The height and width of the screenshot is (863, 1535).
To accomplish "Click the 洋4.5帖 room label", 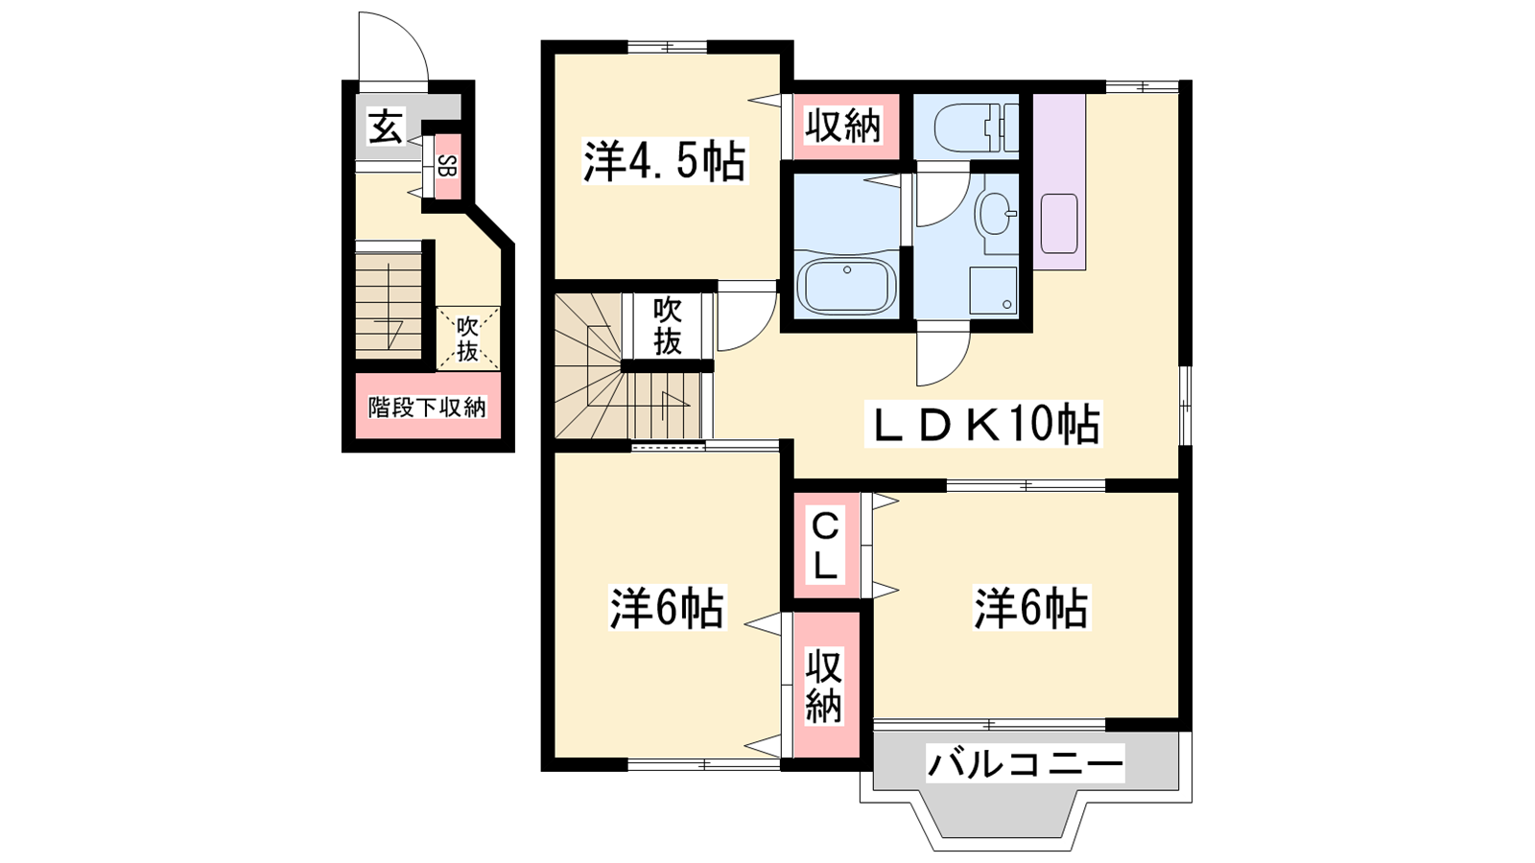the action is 664,162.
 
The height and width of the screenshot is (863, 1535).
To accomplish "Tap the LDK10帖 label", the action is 983,424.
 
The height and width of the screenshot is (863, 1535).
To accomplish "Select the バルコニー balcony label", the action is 1026,763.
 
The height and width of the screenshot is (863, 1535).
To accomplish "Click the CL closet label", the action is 825,548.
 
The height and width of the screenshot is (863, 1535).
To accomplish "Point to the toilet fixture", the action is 977,128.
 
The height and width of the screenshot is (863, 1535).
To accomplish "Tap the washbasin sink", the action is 995,213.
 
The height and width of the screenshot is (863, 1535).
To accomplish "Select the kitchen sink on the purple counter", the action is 1059,223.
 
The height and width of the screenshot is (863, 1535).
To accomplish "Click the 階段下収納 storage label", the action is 426,408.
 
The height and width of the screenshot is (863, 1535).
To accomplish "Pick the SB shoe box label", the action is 447,167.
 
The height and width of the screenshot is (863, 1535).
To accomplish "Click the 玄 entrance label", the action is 386,128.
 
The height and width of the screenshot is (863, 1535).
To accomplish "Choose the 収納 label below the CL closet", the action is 823,686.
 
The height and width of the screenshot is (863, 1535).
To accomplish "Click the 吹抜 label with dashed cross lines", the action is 468,339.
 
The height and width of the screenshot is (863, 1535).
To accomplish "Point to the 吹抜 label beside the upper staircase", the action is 668,327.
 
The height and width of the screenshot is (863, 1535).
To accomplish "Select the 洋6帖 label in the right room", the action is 1031,608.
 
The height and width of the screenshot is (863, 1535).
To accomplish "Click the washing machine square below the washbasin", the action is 993,290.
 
